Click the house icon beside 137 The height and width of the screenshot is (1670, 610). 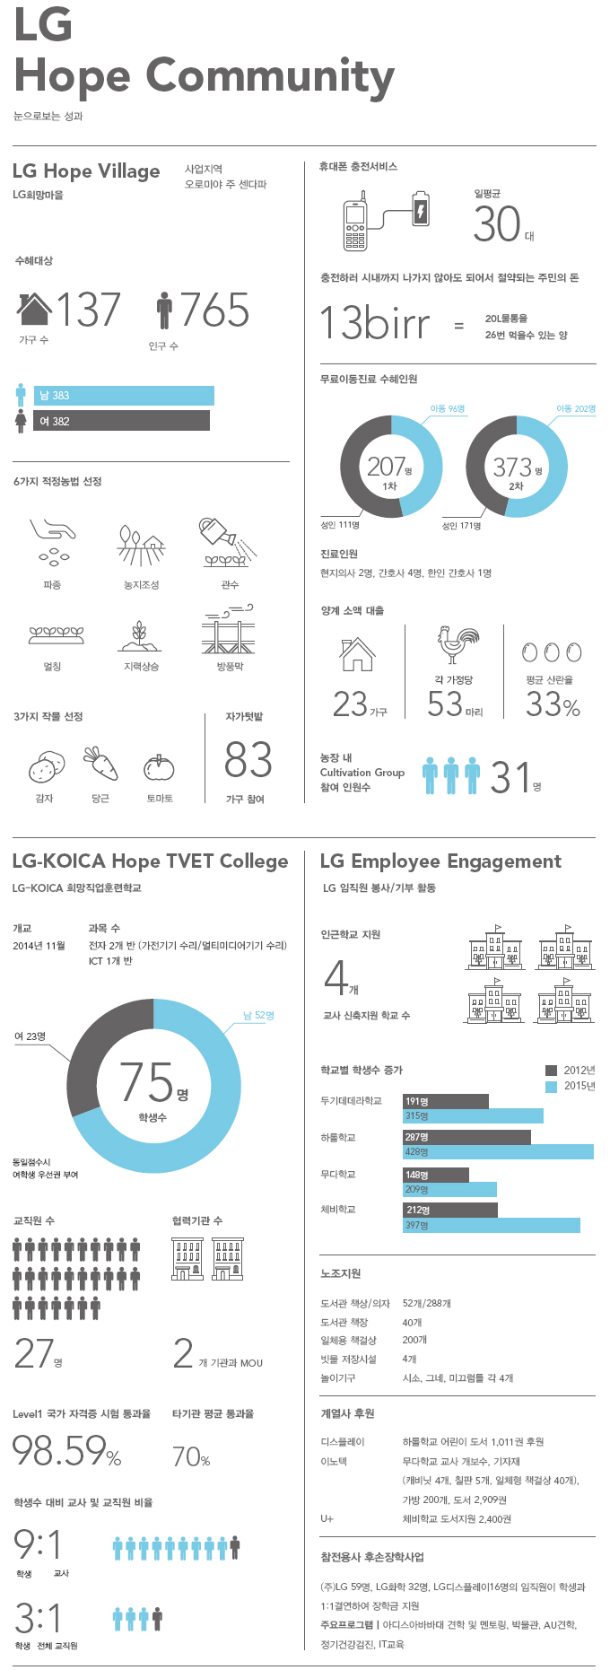point(34,309)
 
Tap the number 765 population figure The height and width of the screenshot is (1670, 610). point(214,310)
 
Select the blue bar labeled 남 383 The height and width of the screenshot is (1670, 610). point(124,396)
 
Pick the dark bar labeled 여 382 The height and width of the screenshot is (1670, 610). point(121,421)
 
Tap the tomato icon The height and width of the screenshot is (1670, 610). point(159,767)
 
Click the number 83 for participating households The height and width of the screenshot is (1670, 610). point(248,760)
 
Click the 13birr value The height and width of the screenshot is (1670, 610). point(375,323)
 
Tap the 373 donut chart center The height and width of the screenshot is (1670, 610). point(516,467)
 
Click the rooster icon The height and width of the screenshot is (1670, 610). point(457,645)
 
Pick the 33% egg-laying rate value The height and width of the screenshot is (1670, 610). point(553,704)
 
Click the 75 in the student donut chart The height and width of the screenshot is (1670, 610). point(147,1082)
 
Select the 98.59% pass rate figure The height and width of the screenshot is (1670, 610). point(66,1449)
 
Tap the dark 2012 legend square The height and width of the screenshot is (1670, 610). point(551,1070)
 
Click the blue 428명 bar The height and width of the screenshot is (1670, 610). point(498,1151)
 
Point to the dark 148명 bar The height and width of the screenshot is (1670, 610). point(436,1175)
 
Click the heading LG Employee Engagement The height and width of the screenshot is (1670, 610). point(440,861)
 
